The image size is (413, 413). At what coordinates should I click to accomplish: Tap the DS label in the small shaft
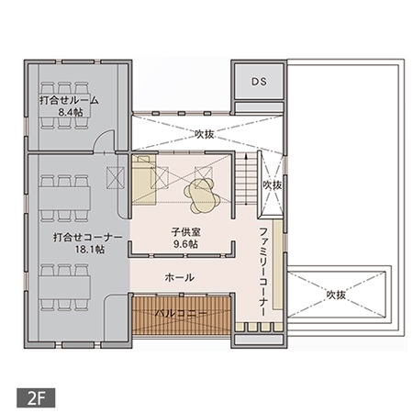pos(259,82)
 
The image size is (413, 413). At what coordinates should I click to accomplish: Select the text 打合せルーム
pos(69,99)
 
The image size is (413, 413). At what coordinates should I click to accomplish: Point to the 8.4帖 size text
pos(70,112)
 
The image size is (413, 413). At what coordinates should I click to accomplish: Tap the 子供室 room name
pos(185,232)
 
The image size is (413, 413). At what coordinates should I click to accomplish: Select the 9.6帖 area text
pos(185,245)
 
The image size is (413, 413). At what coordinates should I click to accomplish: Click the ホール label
pos(178,276)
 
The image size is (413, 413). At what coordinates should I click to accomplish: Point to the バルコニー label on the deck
pos(180,314)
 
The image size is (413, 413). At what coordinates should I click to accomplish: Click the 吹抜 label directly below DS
pos(205,133)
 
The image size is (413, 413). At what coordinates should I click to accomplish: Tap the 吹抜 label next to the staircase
pos(272,185)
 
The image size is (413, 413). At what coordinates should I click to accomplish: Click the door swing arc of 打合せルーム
pos(108,140)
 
